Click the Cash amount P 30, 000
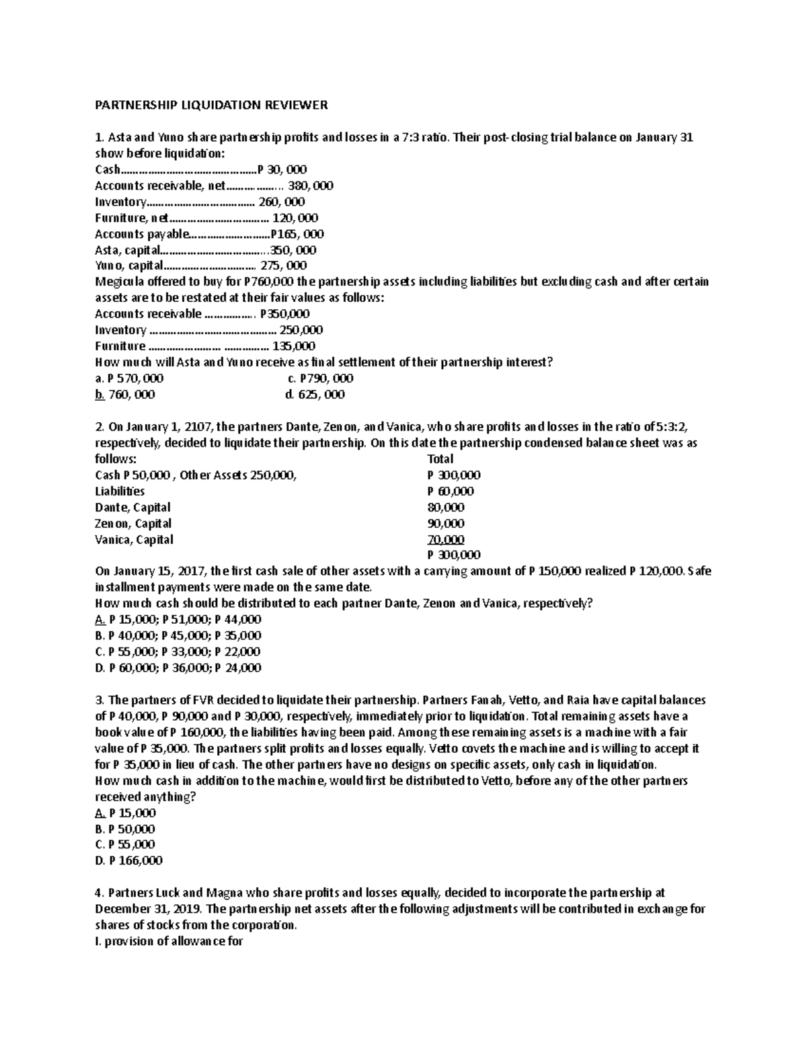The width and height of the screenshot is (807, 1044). point(286,170)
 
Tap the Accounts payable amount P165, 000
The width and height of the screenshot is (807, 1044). point(297,234)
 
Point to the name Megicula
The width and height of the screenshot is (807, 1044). point(120,282)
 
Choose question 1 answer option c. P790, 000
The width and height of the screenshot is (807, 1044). point(320,378)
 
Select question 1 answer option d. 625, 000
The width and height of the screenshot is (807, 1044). point(315,395)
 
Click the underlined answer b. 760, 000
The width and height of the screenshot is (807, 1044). point(125,395)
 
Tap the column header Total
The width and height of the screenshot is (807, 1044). point(440,459)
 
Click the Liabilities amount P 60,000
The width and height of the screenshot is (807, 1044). point(451,491)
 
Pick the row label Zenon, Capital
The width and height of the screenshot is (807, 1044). point(133,524)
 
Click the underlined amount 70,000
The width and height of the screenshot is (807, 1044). point(446,540)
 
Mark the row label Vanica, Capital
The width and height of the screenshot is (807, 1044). point(134,540)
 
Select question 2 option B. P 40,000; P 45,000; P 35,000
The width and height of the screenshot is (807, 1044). point(178,635)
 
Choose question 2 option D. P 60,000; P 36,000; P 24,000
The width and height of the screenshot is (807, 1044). point(178,668)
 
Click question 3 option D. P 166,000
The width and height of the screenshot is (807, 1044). point(129,860)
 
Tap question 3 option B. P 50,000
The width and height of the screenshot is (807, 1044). point(126,829)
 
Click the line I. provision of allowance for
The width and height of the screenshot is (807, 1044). point(169,941)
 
